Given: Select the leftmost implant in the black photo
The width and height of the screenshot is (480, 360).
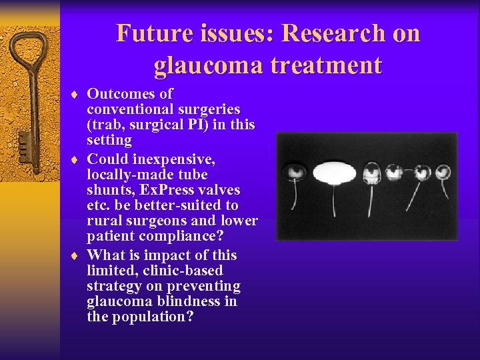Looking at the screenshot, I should (294, 173).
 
